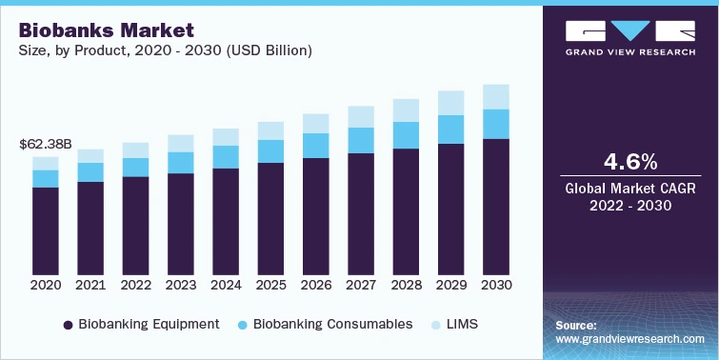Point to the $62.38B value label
coord(46,145)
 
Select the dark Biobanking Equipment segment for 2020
coord(46,229)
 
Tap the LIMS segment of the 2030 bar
coord(496,96)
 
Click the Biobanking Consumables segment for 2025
coord(270,151)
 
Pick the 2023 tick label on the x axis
coord(180,285)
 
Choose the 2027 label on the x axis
coord(360,285)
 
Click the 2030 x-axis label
coord(496,285)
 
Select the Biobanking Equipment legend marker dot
coord(68,325)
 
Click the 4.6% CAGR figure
coord(629,159)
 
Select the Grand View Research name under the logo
coord(629,53)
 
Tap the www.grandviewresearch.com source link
coord(629,338)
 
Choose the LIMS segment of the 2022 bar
coord(135,150)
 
